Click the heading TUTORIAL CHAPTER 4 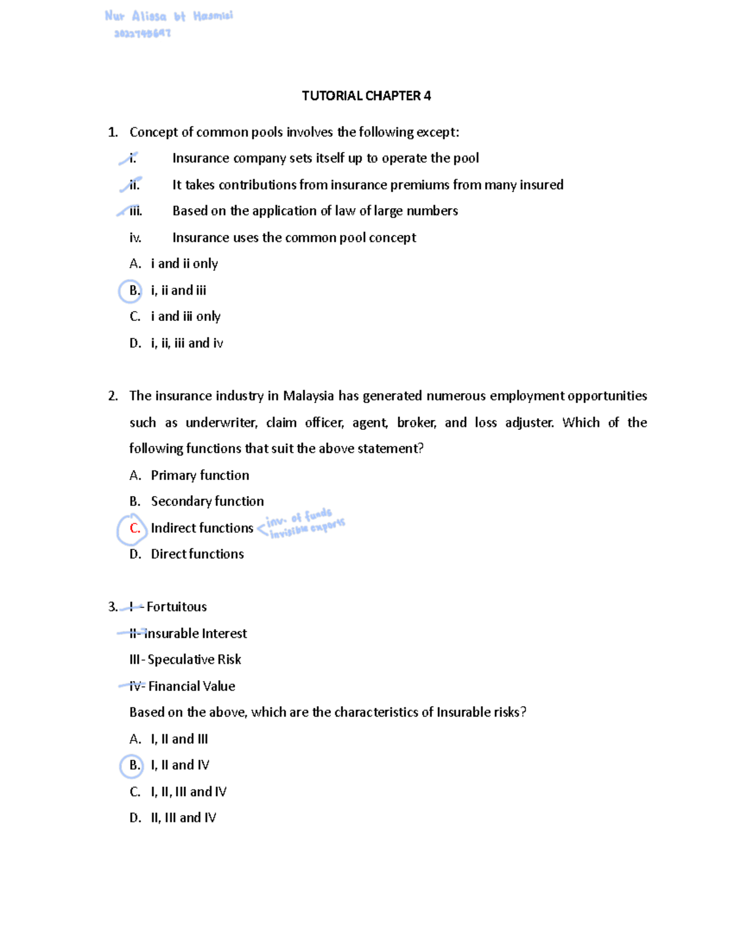click(366, 96)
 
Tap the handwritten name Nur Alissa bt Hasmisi click(169, 17)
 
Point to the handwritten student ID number click(143, 34)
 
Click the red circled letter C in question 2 click(135, 528)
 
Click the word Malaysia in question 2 click(308, 396)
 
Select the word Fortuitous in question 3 click(177, 607)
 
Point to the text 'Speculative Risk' click(195, 660)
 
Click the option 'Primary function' click(200, 476)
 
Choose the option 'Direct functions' click(197, 554)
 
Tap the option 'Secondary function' click(207, 502)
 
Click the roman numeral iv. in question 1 click(135, 238)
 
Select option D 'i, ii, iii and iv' click(187, 344)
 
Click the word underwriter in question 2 click(221, 423)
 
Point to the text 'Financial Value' click(191, 686)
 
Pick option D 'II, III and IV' click(183, 818)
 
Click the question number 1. click(113, 132)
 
